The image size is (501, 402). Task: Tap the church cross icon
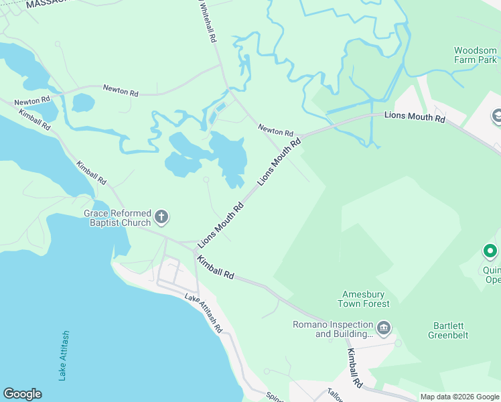pyautogui.click(x=161, y=216)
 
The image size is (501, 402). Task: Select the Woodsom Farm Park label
pyautogui.click(x=476, y=55)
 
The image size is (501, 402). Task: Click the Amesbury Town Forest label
pyautogui.click(x=366, y=299)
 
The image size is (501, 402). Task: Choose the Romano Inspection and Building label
pyautogui.click(x=333, y=329)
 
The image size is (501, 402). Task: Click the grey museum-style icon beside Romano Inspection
pyautogui.click(x=384, y=328)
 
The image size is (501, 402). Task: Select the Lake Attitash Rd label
pyautogui.click(x=204, y=313)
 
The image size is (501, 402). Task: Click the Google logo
pyautogui.click(x=22, y=394)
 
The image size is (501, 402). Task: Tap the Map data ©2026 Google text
pyautogui.click(x=459, y=397)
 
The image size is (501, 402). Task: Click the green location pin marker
pyautogui.click(x=490, y=252)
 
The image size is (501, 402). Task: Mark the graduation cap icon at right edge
pyautogui.click(x=496, y=117)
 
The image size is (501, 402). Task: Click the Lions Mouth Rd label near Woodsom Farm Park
pyautogui.click(x=415, y=117)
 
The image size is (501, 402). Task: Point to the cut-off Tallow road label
pyautogui.click(x=335, y=397)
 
